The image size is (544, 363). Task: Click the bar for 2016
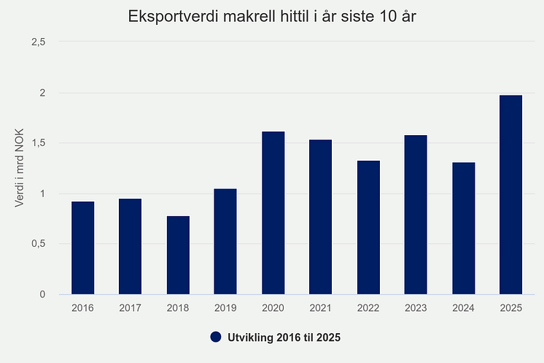pyautogui.click(x=82, y=248)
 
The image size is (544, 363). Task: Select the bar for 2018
pyautogui.click(x=178, y=256)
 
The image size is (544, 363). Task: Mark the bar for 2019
pyautogui.click(x=225, y=242)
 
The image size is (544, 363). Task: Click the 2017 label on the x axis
pyautogui.click(x=131, y=309)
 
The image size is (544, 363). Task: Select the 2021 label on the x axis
pyautogui.click(x=320, y=309)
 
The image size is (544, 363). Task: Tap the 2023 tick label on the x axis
pyautogui.click(x=416, y=309)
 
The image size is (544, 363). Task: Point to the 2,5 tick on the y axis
pyautogui.click(x=38, y=42)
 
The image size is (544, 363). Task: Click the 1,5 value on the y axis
pyautogui.click(x=38, y=143)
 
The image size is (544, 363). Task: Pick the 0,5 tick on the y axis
pyautogui.click(x=38, y=244)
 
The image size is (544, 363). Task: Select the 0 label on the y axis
pyautogui.click(x=43, y=294)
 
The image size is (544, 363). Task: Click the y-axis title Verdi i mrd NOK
pyautogui.click(x=20, y=168)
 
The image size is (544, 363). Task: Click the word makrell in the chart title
pyautogui.click(x=246, y=16)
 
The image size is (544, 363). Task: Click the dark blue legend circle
pyautogui.click(x=215, y=337)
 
